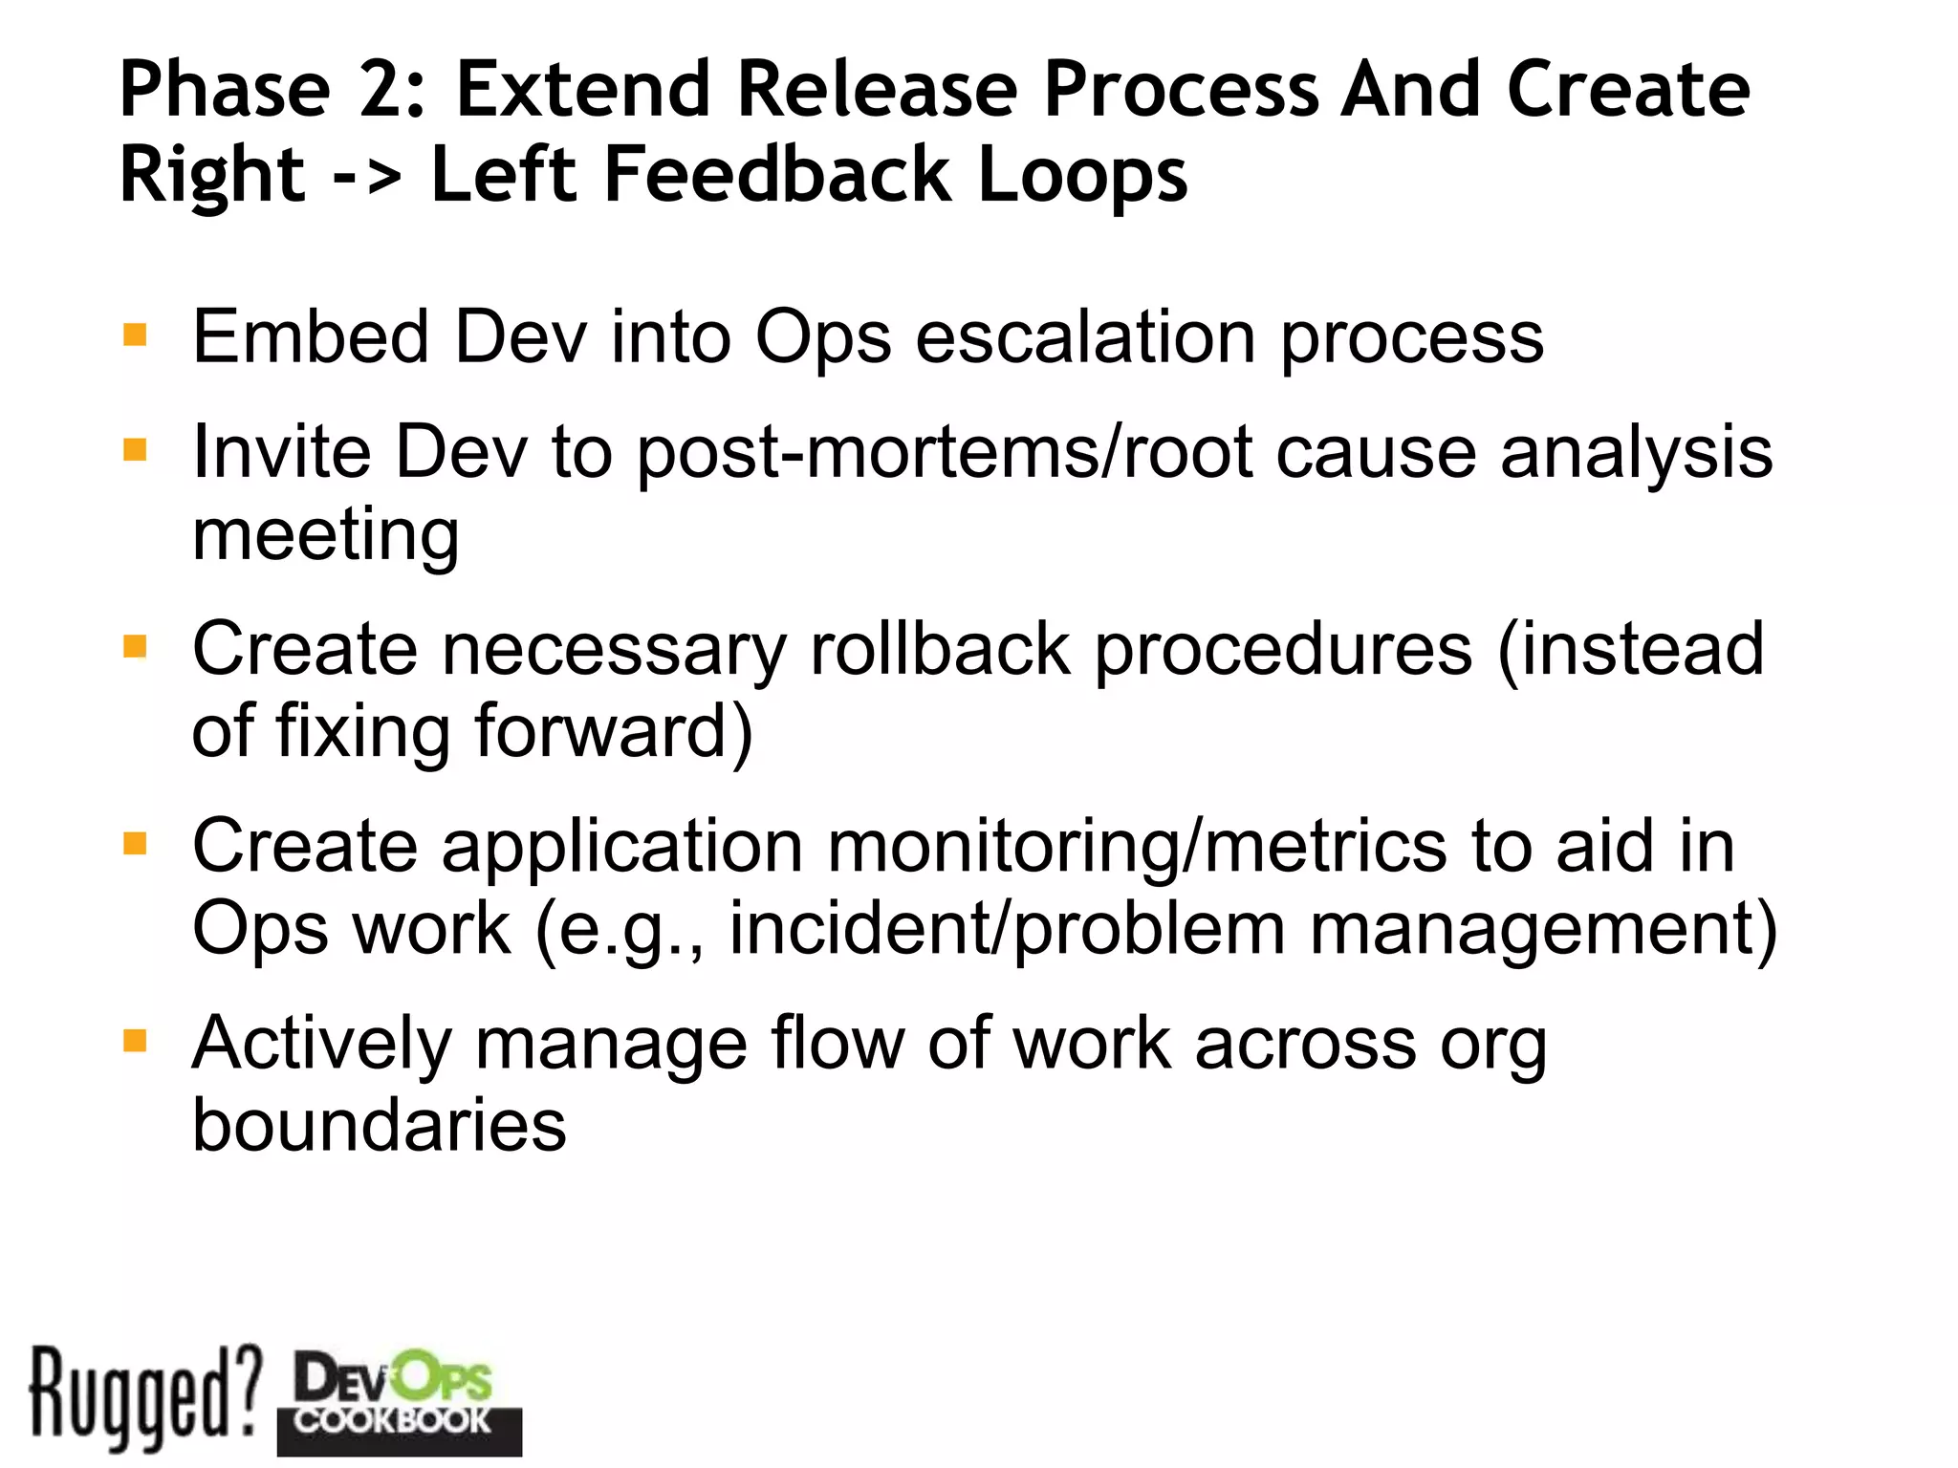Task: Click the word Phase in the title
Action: (225, 89)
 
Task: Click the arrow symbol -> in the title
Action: (367, 176)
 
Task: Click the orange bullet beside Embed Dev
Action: (135, 335)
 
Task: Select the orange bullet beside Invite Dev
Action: (135, 449)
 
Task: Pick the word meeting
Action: (325, 535)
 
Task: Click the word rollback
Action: (941, 649)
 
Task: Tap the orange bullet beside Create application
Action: (135, 844)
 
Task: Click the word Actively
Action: (321, 1044)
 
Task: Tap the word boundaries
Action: (379, 1125)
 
